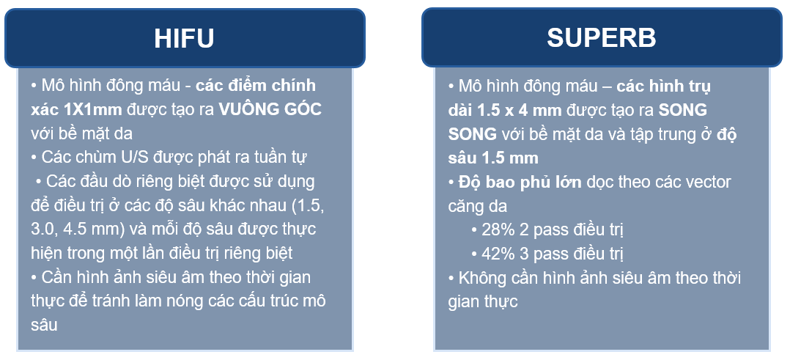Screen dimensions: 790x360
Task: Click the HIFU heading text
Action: pyautogui.click(x=185, y=38)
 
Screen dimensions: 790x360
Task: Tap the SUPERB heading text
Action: pyautogui.click(x=602, y=38)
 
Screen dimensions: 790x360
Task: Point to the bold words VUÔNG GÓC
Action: pyautogui.click(x=270, y=109)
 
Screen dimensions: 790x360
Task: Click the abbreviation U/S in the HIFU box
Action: pyautogui.click(x=121, y=158)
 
